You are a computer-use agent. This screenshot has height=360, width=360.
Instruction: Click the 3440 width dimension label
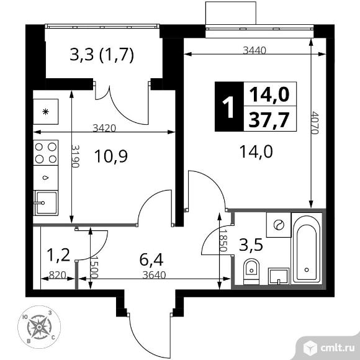pos(254,50)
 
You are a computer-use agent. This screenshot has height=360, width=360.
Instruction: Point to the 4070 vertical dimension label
pos(315,123)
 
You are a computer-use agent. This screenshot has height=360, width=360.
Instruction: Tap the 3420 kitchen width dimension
pos(104,128)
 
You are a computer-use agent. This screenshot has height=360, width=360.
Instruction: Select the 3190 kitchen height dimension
pos(75,156)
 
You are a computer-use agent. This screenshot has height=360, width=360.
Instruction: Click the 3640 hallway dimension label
pos(154,275)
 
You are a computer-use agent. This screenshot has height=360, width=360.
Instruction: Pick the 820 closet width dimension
pos(58,275)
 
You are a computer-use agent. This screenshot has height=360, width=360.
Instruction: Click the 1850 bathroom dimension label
pos(223,241)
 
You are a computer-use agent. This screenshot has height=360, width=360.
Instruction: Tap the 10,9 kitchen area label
pos(111,156)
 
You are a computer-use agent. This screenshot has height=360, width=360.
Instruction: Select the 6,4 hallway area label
pos(151,260)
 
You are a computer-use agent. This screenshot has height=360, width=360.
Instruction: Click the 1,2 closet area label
pos(58,256)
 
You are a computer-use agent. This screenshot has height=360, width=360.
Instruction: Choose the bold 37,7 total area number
pos(269,120)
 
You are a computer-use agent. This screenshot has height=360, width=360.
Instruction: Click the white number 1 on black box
pos(228,107)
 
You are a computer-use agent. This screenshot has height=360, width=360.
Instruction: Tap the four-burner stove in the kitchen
pos(46,153)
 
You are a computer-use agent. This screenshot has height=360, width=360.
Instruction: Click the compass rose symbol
pos(39,326)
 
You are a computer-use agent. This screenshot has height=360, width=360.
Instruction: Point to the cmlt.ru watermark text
pos(337,348)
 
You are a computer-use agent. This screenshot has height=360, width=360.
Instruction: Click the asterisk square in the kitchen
pos(46,112)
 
